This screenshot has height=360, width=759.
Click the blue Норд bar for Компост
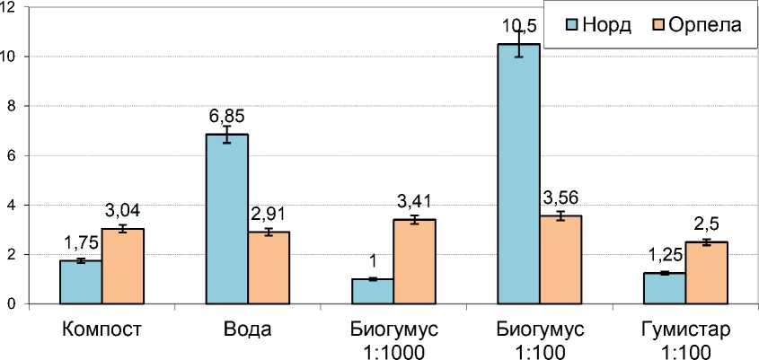coord(81,282)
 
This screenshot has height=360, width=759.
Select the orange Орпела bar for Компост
coord(122,267)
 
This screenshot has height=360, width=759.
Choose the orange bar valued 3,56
coord(560,259)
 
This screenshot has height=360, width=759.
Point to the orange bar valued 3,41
coord(414,261)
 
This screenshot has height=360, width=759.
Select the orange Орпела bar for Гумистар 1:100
coord(707,273)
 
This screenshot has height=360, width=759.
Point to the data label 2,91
coord(269,215)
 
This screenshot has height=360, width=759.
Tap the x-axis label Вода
coord(248,329)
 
